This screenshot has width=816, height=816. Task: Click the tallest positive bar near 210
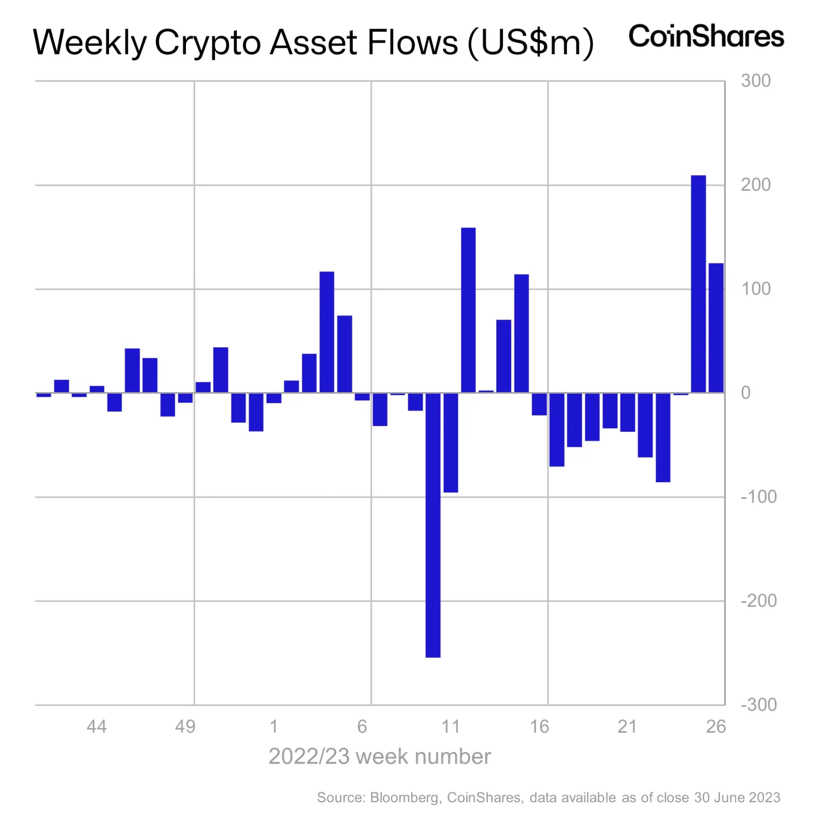tap(698, 284)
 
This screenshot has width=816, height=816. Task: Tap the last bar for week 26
tap(716, 328)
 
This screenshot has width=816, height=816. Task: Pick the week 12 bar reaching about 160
tap(468, 310)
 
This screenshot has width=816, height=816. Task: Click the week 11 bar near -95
tap(450, 443)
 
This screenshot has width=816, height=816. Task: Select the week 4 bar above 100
tap(327, 332)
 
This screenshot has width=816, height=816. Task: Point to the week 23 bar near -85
tap(662, 437)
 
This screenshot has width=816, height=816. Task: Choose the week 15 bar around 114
tap(521, 334)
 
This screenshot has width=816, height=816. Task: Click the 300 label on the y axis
tap(755, 81)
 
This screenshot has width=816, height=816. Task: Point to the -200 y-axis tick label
tap(758, 601)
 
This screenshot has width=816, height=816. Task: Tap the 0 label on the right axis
tap(745, 393)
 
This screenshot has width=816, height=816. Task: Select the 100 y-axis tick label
tap(755, 289)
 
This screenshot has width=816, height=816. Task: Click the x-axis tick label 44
tap(96, 726)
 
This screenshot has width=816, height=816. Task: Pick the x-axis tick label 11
tap(450, 726)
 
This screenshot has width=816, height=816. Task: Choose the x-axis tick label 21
tap(627, 726)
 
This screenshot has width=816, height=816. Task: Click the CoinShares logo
tap(706, 36)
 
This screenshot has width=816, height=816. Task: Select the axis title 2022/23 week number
tap(379, 756)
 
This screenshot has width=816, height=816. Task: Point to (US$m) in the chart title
tap(530, 42)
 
